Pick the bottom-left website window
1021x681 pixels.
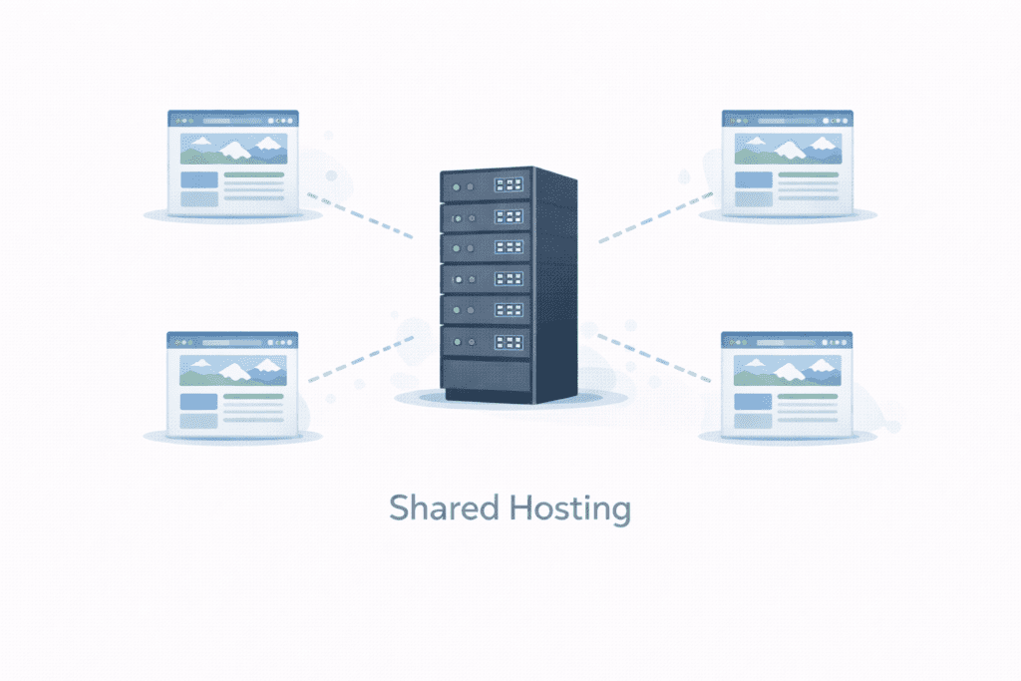(233, 384)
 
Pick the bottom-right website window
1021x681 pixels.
(788, 384)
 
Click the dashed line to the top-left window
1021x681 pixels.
(359, 215)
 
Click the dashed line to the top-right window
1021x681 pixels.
(656, 216)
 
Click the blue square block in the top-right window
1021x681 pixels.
(754, 180)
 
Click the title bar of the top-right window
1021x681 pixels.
(788, 116)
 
